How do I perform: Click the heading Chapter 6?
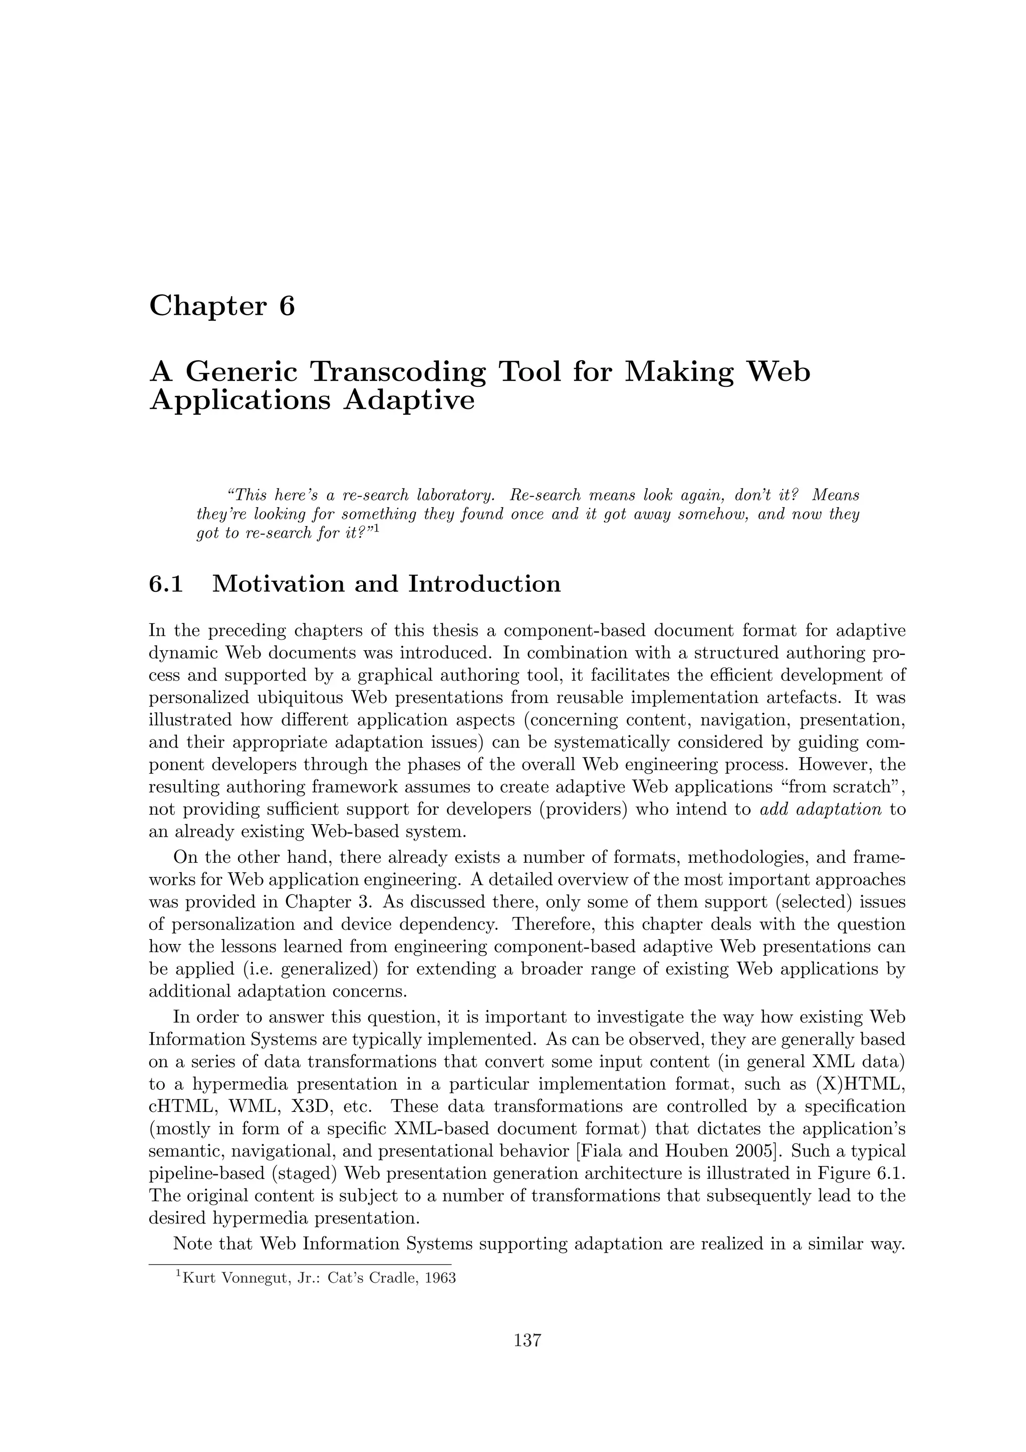point(222,306)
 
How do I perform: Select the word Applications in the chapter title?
point(239,400)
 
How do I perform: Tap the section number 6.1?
point(166,583)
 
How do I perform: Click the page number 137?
point(527,1358)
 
